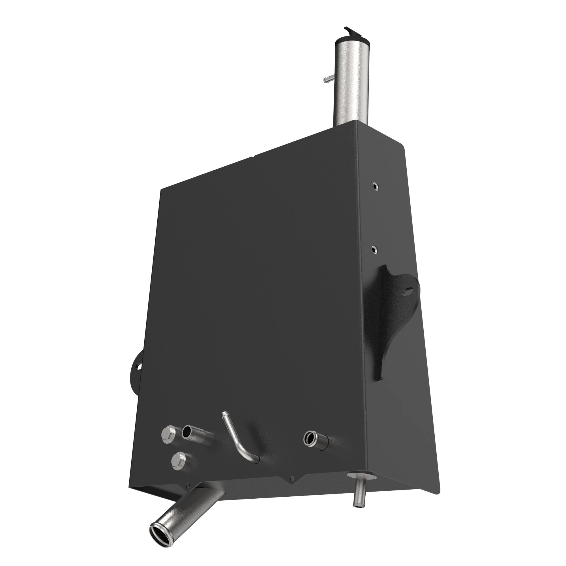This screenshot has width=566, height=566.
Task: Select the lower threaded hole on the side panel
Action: click(x=374, y=249)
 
